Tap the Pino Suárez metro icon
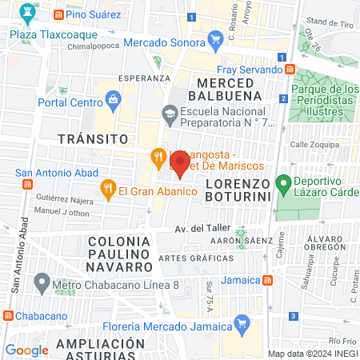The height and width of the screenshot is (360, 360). pos(58,15)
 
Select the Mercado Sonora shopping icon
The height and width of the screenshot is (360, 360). pos(214,39)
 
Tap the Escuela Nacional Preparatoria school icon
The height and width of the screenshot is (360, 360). pos(170,114)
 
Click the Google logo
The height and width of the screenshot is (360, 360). pos(26,350)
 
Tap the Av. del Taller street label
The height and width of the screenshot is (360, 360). pos(203,229)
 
